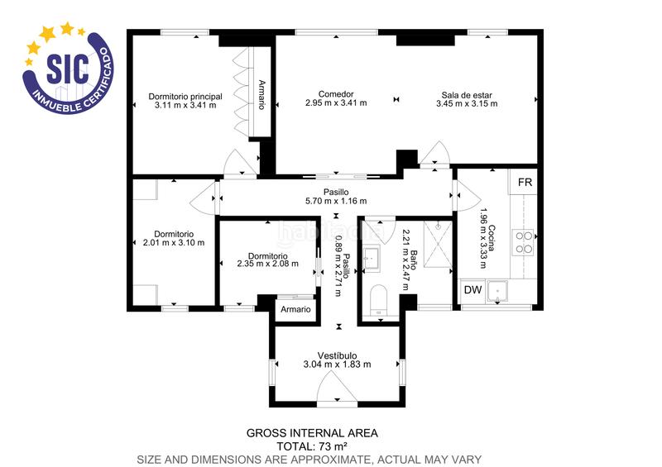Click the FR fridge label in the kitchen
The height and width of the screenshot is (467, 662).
525,182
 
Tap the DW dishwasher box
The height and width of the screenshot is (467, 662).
473,290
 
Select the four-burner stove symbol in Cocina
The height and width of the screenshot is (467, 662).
525,241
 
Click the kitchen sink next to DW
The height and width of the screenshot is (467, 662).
499,291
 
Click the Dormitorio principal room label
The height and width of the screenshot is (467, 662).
185,96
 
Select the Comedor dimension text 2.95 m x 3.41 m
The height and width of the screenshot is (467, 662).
335,103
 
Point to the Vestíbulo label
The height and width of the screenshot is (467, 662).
337,355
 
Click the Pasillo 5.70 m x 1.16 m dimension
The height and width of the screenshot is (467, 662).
336,201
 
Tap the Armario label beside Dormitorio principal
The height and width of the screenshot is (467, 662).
261,94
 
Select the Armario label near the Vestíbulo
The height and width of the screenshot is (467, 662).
295,309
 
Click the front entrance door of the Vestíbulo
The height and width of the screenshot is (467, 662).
337,390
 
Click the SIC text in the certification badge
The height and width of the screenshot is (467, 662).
67,68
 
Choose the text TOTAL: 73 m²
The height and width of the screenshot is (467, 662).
312,446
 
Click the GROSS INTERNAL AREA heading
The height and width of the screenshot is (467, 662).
312,432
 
